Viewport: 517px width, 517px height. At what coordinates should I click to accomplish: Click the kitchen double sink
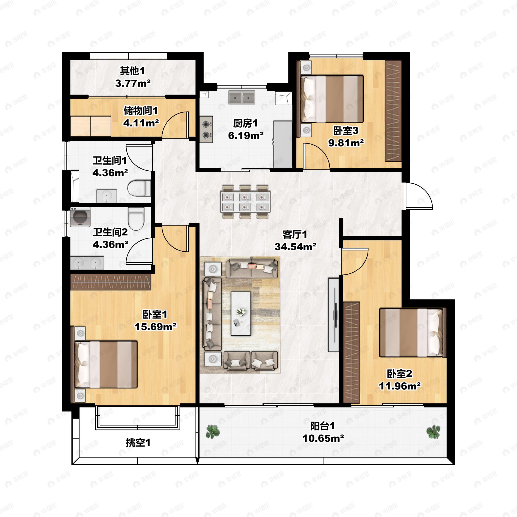point(242,97)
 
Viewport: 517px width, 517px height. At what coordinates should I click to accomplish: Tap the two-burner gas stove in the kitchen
point(206,129)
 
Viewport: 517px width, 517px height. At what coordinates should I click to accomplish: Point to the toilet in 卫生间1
point(139,188)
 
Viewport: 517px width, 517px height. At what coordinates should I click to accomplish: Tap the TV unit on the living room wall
point(333,315)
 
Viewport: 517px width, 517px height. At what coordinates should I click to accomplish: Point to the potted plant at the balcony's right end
point(433,432)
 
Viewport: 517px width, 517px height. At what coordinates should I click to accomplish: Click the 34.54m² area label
point(295,246)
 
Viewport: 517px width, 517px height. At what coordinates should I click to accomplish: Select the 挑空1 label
point(138,443)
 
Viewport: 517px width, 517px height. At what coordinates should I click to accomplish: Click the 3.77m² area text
point(133,83)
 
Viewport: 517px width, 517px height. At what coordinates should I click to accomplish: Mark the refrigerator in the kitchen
point(283,144)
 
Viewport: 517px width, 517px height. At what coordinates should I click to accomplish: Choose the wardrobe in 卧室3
point(393,111)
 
